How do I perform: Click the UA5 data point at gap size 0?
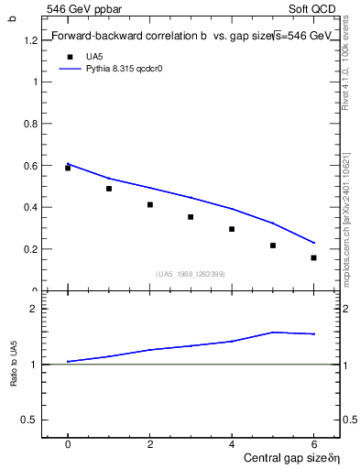coord(68,168)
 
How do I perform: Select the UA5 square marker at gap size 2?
coord(150,204)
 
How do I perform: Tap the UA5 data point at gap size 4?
coord(232,229)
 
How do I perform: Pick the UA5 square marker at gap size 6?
coord(313,257)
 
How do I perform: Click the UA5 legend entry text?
coord(94,56)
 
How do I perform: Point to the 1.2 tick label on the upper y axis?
coord(31,40)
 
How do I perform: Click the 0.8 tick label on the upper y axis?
coord(31,124)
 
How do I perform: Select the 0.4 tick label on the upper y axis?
coord(31,207)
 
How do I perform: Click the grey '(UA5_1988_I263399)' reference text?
coord(191,274)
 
